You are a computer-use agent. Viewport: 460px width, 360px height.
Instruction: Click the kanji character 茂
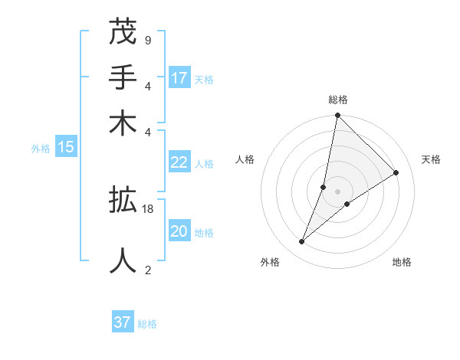123,32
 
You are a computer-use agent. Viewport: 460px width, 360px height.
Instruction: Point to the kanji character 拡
123,201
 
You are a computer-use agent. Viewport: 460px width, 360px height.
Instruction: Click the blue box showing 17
179,77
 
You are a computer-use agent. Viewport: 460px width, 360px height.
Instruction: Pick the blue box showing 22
179,162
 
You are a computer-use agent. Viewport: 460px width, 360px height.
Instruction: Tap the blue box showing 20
179,231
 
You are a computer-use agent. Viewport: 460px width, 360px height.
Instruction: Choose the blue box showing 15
66,147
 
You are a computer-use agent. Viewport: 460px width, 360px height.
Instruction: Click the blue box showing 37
123,322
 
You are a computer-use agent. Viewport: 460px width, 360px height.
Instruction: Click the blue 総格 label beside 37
147,324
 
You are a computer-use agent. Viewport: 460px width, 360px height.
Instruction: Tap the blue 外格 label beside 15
41,149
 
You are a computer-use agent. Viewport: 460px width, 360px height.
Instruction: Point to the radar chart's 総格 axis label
337,100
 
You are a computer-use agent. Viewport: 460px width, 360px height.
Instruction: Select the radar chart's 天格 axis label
431,159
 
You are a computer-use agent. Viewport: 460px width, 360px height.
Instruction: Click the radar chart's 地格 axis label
402,262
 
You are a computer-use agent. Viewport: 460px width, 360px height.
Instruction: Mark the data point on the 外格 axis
302,242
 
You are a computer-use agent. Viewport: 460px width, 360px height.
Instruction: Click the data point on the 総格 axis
337,116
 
